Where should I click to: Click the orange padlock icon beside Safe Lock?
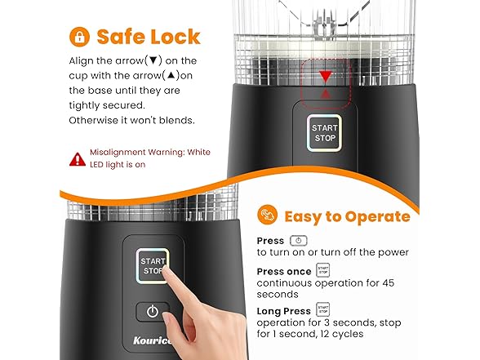click(x=80, y=37)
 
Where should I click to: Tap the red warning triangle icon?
click(x=78, y=159)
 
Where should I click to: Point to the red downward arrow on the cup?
click(x=325, y=77)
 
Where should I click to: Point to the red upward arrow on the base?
click(x=326, y=94)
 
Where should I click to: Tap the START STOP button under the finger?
click(x=153, y=266)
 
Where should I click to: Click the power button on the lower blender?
click(x=153, y=312)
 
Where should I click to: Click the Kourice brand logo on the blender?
click(x=152, y=340)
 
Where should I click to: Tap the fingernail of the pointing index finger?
click(x=167, y=270)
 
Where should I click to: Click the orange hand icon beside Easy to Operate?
click(x=267, y=215)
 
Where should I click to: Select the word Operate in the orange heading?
click(x=378, y=217)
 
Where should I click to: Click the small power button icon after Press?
click(x=299, y=241)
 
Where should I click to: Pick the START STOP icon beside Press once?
click(x=323, y=270)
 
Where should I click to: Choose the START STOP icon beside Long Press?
click(x=323, y=309)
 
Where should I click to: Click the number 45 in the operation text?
click(x=389, y=282)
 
